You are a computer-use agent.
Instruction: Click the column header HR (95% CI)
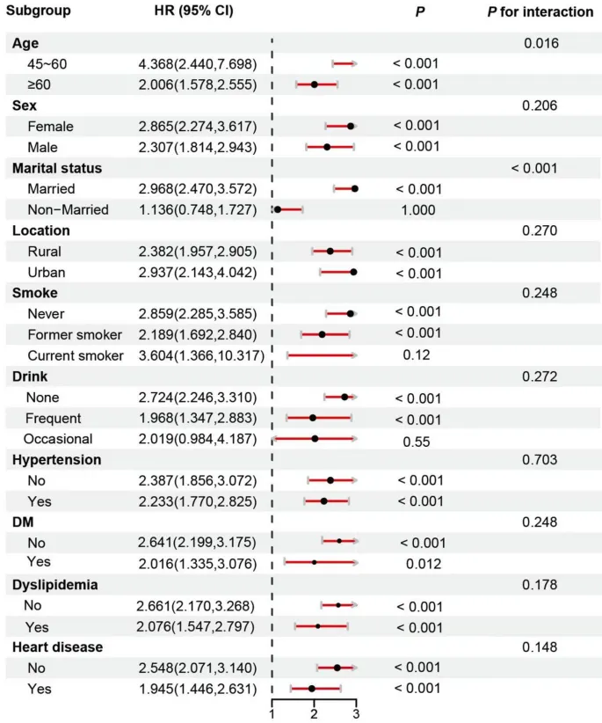(186, 12)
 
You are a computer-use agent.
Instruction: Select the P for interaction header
(540, 12)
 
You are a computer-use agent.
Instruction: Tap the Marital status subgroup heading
(56, 168)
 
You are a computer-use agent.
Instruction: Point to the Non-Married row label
(68, 209)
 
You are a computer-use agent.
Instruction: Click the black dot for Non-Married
(277, 209)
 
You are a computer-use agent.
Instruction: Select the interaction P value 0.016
(540, 42)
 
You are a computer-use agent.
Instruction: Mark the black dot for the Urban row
(353, 272)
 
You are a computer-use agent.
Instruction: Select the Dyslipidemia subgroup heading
(54, 585)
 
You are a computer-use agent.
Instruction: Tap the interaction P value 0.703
(540, 459)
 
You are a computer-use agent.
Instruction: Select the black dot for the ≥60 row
(314, 84)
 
